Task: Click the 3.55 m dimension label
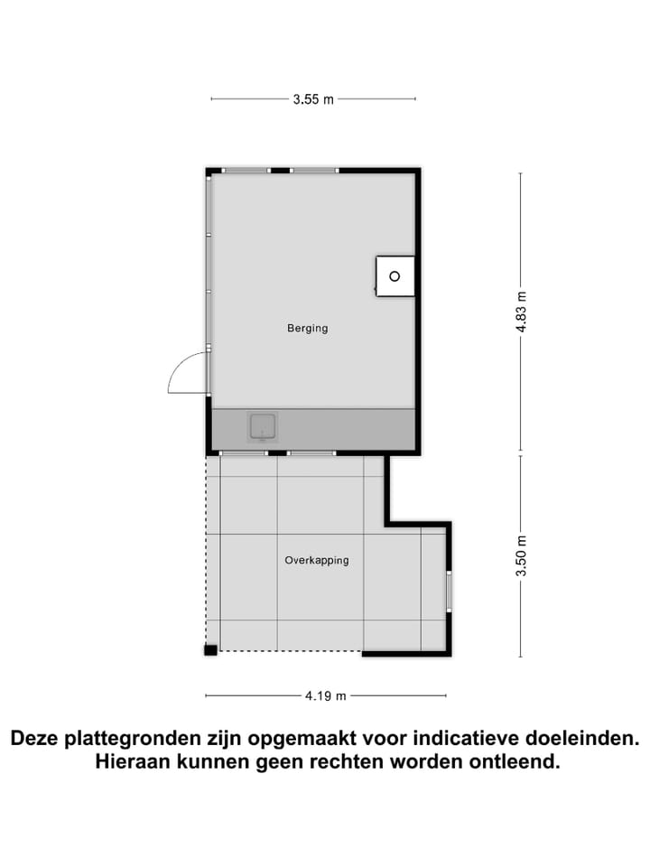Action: pyautogui.click(x=313, y=99)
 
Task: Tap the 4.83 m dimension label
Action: pyautogui.click(x=520, y=312)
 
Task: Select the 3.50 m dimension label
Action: pyautogui.click(x=520, y=555)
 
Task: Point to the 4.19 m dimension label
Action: pyautogui.click(x=326, y=695)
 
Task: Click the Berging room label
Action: pyautogui.click(x=308, y=328)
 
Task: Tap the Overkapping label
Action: pyautogui.click(x=316, y=560)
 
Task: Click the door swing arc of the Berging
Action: pyautogui.click(x=183, y=370)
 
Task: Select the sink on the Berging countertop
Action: pyautogui.click(x=263, y=426)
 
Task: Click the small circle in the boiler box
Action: pyautogui.click(x=395, y=276)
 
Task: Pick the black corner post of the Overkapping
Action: pyautogui.click(x=209, y=649)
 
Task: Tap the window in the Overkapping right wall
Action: pyautogui.click(x=449, y=592)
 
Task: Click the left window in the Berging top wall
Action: pyautogui.click(x=246, y=170)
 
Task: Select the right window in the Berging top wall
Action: pyautogui.click(x=314, y=170)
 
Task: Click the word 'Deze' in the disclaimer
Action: pyautogui.click(x=37, y=739)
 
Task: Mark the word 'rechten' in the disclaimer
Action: pyautogui.click(x=347, y=762)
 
